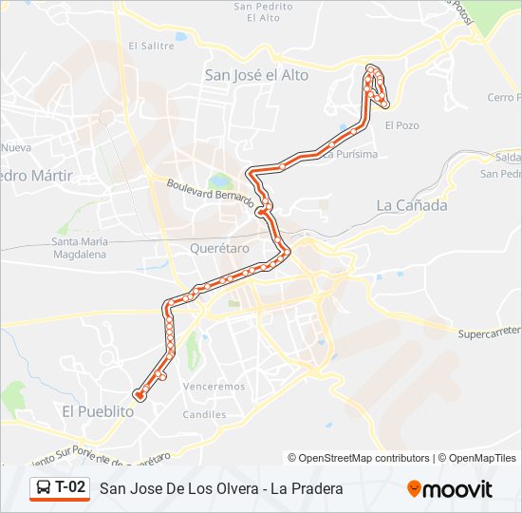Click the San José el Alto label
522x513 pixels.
[x=256, y=75]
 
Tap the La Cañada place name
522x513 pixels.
[x=411, y=204]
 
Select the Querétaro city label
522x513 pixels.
[x=219, y=248]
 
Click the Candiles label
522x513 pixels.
[x=205, y=415]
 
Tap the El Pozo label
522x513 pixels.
[x=401, y=124]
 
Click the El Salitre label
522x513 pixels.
[x=152, y=45]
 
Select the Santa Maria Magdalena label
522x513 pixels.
[x=80, y=248]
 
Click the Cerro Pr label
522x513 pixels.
[x=503, y=97]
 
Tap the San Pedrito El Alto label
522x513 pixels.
[x=263, y=11]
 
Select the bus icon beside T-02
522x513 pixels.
[x=44, y=488]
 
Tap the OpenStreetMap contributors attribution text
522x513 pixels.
[x=364, y=458]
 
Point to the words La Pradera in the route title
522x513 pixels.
[x=306, y=488]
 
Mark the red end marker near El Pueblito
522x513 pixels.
[x=140, y=395]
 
